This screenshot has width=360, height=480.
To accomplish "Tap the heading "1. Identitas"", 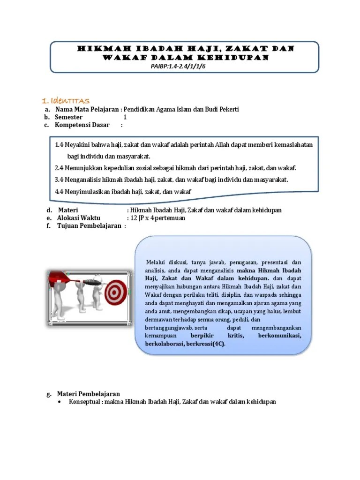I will click(66, 101).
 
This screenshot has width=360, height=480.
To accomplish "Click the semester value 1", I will click(125, 117).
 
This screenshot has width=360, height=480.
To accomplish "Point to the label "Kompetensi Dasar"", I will click(82, 125).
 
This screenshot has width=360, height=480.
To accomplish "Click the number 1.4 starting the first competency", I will click(59, 145).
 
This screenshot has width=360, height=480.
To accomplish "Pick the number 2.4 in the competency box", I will click(59, 168).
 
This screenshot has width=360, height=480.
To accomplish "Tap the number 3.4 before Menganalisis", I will click(59, 180).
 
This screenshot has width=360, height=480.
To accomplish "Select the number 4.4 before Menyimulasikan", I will click(59, 191).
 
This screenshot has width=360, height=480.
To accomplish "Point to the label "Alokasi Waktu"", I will click(78, 218).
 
